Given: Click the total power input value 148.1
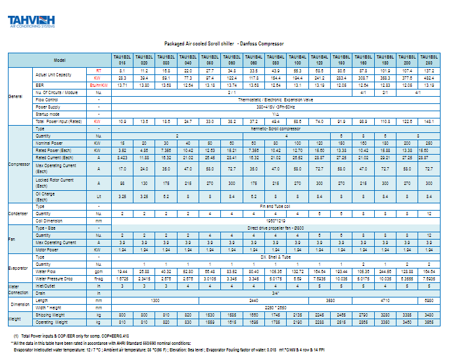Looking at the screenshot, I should [429, 122].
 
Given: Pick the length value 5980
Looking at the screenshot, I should [429, 299].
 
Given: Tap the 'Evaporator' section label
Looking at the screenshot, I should [18, 268].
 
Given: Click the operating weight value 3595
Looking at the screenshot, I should [429, 322].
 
